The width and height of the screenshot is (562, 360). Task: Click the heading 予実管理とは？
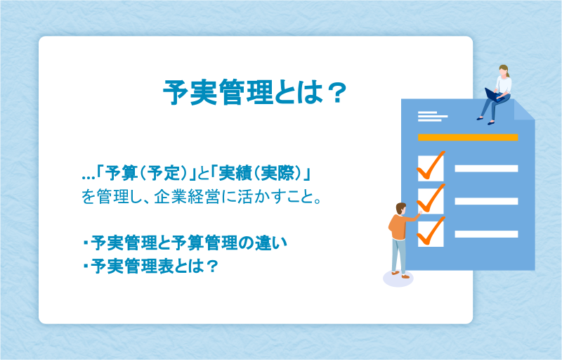click(x=255, y=92)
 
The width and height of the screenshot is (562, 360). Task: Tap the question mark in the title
click(x=337, y=93)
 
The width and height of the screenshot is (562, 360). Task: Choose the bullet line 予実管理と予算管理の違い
click(x=185, y=243)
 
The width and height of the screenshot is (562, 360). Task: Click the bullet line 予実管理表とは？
click(x=150, y=266)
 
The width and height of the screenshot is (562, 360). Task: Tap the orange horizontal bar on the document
click(x=468, y=137)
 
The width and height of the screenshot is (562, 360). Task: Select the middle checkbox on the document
click(x=431, y=201)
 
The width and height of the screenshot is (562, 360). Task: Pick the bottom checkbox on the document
click(x=431, y=233)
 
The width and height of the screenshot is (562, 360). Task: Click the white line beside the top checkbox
click(x=486, y=169)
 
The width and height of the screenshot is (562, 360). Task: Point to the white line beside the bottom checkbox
click(x=486, y=234)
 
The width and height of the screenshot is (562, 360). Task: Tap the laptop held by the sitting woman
click(x=494, y=95)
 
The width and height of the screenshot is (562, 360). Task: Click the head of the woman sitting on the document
click(x=504, y=70)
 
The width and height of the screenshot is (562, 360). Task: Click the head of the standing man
click(x=400, y=209)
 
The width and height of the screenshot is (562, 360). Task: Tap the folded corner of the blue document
click(x=524, y=110)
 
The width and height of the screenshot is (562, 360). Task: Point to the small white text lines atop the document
click(x=433, y=117)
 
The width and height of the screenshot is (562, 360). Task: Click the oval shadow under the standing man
click(x=398, y=278)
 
